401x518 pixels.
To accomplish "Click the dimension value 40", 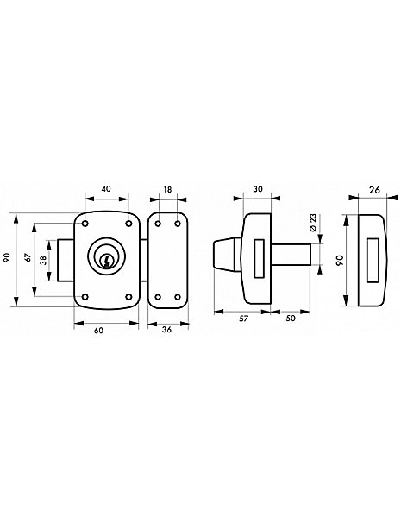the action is (x=106, y=189).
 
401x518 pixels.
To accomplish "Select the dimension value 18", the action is (x=167, y=189).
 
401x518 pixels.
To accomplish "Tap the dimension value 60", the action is (x=98, y=331).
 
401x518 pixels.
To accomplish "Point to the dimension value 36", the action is (x=167, y=330).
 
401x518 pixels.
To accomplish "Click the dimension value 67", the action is (x=28, y=257).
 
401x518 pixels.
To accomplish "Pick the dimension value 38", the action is (x=43, y=261).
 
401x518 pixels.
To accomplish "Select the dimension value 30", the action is (x=258, y=188).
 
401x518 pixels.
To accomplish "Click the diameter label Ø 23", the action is (x=312, y=223).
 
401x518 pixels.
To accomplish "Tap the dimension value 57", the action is (x=243, y=319).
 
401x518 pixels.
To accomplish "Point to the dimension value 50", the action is (x=291, y=319).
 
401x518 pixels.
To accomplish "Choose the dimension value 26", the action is (x=374, y=190).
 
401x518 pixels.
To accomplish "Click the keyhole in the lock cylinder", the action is (x=106, y=261).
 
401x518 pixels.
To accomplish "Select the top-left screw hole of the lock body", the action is (x=85, y=224).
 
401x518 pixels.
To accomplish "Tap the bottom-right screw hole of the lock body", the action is (x=128, y=297).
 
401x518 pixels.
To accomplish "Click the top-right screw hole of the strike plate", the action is (x=178, y=224).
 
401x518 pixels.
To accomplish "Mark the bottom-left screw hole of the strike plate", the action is (x=158, y=297).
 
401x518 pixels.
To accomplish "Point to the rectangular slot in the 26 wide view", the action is (x=373, y=261).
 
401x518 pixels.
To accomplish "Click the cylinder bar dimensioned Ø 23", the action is (x=291, y=254).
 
